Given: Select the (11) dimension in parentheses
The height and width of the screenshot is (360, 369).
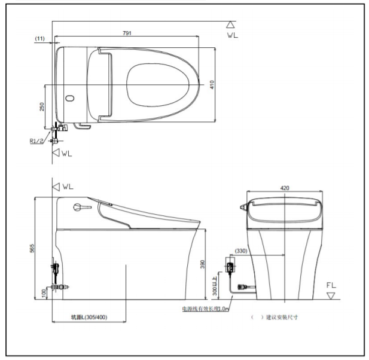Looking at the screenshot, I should pyautogui.click(x=40, y=38).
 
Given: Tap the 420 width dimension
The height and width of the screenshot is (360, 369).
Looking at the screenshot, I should pyautogui.click(x=285, y=187).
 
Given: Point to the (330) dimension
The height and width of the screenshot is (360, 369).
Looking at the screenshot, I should pyautogui.click(x=241, y=251).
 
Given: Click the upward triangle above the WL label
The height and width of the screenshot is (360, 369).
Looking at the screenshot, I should pyautogui.click(x=230, y=25).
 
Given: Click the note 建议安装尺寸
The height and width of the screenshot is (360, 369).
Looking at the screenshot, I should pyautogui.click(x=281, y=317).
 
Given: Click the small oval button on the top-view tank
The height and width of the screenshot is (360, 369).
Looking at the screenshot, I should pyautogui.click(x=69, y=97).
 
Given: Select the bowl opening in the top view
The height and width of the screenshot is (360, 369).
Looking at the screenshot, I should pyautogui.click(x=162, y=84).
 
